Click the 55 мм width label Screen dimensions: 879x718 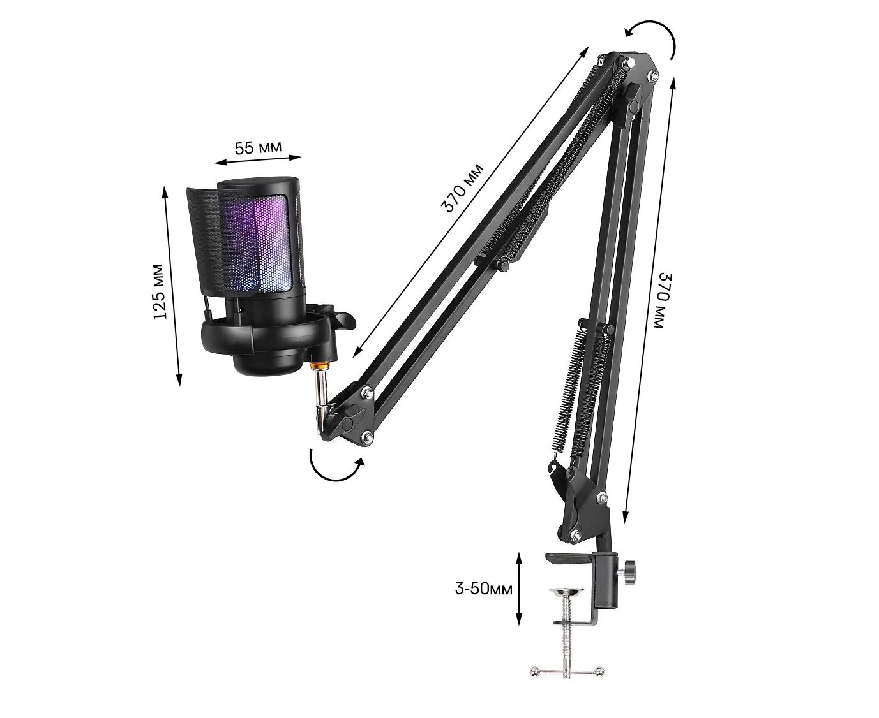258,147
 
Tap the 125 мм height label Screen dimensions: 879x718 161,291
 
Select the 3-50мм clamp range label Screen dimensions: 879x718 483,589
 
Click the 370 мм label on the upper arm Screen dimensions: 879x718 462,188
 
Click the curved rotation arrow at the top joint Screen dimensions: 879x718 659,29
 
